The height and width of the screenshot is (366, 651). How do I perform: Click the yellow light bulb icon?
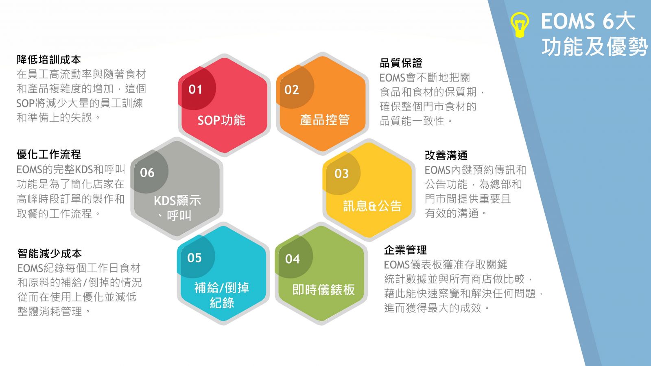click(x=520, y=25)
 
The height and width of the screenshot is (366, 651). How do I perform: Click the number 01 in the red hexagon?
click(x=195, y=89)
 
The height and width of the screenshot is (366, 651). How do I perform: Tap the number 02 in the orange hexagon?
click(x=291, y=90)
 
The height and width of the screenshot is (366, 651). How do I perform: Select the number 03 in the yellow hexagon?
click(x=341, y=174)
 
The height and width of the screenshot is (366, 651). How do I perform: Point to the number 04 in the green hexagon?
click(x=292, y=259)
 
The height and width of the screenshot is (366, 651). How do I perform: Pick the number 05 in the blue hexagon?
click(x=194, y=258)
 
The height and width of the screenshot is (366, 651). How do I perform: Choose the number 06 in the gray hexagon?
click(x=147, y=173)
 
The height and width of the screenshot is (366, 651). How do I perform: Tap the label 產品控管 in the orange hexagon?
click(x=325, y=120)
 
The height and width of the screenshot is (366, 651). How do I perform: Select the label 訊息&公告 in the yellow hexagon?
click(x=372, y=206)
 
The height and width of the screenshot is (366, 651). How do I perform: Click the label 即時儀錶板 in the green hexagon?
click(x=323, y=290)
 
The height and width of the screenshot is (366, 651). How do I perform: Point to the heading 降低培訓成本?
click(x=49, y=60)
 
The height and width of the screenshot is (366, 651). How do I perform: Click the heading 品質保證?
click(x=401, y=63)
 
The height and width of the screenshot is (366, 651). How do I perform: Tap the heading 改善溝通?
click(x=446, y=155)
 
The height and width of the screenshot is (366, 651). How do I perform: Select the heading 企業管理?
click(x=405, y=250)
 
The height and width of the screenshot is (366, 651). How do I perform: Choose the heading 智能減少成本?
click(x=49, y=254)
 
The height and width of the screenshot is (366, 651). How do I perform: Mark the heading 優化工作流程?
click(x=49, y=155)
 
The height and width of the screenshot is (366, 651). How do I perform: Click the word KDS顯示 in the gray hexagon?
click(x=177, y=201)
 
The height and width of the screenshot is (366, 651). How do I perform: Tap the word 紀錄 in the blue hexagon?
click(x=222, y=303)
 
